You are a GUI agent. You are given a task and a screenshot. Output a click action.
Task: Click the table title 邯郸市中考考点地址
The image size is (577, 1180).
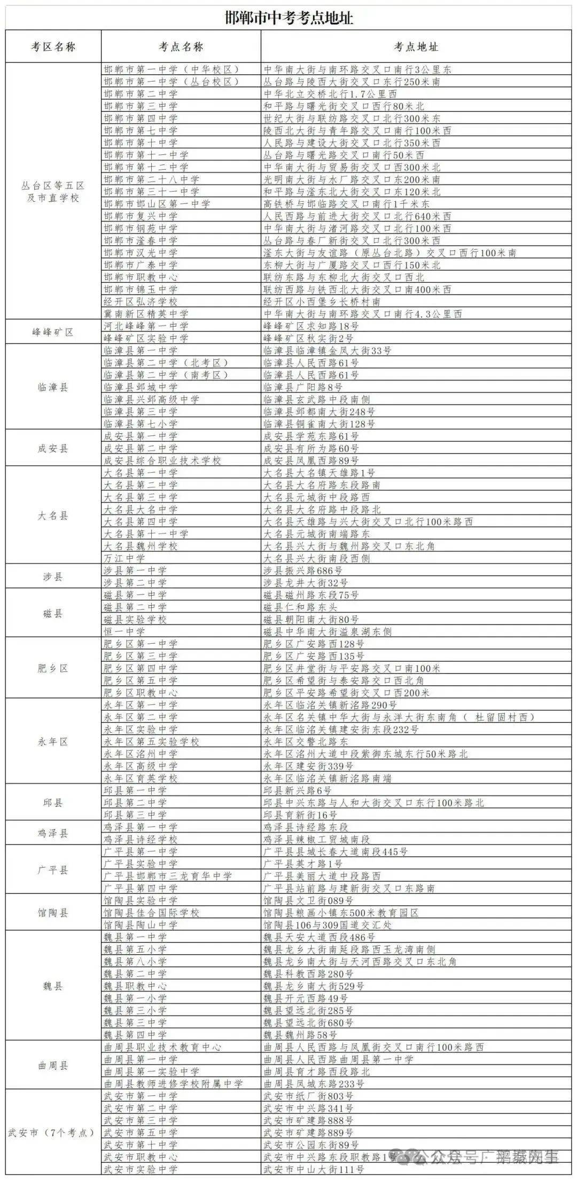pos(288,18)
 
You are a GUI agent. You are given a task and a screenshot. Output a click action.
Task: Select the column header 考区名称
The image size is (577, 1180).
pos(53,47)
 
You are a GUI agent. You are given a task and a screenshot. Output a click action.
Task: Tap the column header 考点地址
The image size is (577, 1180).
pos(416,47)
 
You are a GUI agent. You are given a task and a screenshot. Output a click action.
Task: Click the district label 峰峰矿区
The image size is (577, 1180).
pos(53,332)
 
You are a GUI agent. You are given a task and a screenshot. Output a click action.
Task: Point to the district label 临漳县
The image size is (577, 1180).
pos(53,387)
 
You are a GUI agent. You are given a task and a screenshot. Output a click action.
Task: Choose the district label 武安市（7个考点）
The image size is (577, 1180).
pos(52,1132)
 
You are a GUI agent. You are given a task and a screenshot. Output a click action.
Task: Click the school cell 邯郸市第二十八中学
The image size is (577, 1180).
pos(151,179)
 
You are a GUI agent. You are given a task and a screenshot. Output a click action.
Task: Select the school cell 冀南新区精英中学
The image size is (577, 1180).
pos(146,314)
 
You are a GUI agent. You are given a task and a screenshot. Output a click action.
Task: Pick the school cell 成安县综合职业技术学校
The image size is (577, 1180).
pos(162,461)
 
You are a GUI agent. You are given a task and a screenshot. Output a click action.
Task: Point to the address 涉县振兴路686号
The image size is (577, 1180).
pos(303,571)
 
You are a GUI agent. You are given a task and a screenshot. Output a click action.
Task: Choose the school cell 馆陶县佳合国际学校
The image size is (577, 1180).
pos(151,913)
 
